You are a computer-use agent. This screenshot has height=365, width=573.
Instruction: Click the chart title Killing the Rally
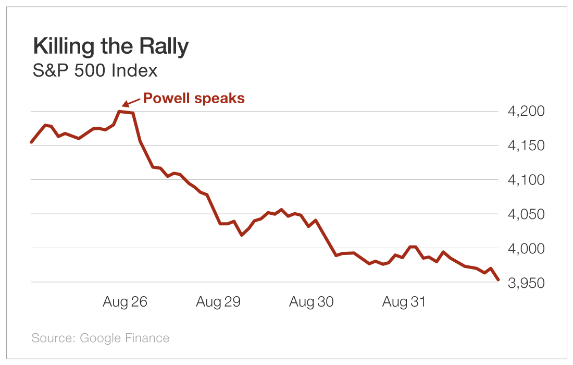click(x=110, y=47)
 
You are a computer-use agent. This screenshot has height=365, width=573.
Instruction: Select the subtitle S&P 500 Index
click(x=95, y=70)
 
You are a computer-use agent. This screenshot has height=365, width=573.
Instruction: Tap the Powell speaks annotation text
click(x=194, y=98)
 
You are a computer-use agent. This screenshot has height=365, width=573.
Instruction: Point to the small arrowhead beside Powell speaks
click(x=125, y=104)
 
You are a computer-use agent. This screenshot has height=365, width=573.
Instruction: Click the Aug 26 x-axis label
click(x=125, y=302)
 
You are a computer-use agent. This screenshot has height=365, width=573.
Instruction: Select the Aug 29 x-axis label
click(x=218, y=302)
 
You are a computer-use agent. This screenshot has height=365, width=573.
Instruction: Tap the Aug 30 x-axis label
click(x=312, y=302)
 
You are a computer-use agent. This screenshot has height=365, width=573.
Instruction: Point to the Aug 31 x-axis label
click(x=404, y=302)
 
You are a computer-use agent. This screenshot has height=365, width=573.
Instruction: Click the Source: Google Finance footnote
click(x=101, y=338)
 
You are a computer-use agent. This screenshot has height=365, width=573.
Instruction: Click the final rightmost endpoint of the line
click(x=499, y=280)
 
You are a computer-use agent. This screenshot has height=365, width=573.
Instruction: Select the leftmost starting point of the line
click(x=32, y=142)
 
